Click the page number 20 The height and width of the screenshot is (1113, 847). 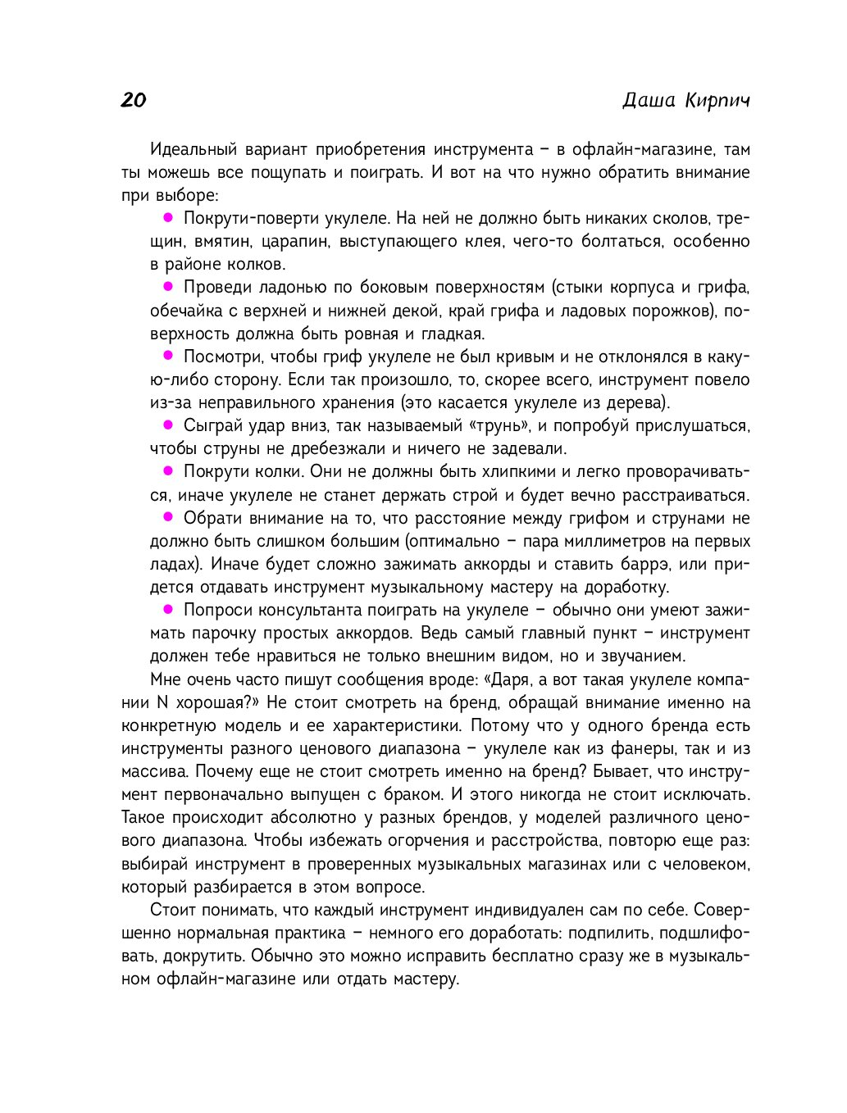point(133,100)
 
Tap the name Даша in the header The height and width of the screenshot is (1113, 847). point(648,100)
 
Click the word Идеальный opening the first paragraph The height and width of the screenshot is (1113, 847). point(194,150)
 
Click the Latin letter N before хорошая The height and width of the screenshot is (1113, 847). point(162,702)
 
